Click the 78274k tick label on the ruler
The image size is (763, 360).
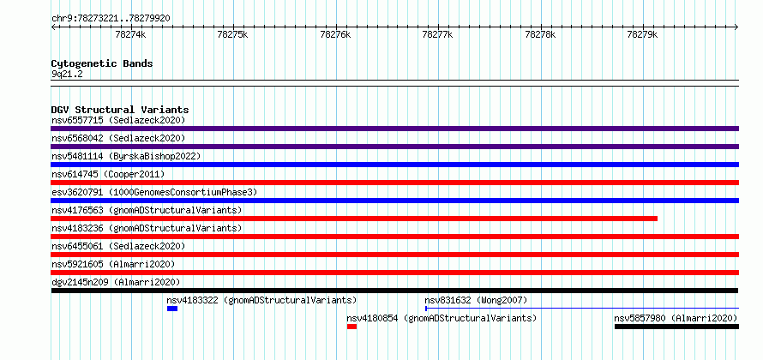(x=130, y=34)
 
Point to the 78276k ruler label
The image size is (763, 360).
(x=335, y=34)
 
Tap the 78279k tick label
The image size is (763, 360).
(x=642, y=34)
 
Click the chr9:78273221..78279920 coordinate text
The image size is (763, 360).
(x=111, y=19)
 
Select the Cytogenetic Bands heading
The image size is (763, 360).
(x=102, y=63)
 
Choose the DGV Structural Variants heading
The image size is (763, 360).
(x=120, y=110)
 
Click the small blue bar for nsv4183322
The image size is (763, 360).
(x=172, y=309)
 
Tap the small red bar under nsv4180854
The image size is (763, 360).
(x=351, y=327)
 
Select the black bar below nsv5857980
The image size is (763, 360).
(x=677, y=327)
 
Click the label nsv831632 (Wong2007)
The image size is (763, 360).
(x=476, y=300)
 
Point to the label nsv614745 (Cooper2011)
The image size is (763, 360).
(x=109, y=174)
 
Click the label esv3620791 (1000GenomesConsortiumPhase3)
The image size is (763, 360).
(x=154, y=192)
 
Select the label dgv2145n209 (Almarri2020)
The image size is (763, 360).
(x=116, y=282)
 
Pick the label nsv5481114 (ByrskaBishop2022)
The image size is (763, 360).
(x=126, y=156)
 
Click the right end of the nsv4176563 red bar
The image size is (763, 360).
(x=657, y=219)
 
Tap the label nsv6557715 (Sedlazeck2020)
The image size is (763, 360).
(x=118, y=120)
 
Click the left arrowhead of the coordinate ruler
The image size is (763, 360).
(x=52, y=27)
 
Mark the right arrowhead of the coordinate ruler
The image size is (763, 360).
(x=737, y=27)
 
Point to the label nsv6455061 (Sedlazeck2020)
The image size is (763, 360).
(x=118, y=246)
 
